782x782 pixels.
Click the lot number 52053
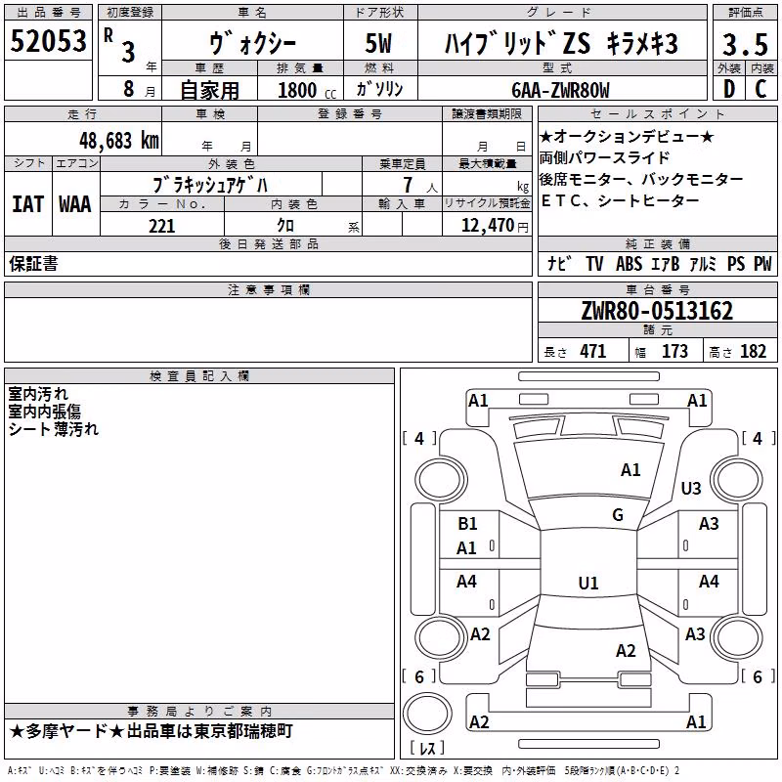[x=48, y=41]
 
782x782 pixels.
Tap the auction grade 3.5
[x=745, y=44]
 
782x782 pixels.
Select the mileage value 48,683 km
[x=119, y=141]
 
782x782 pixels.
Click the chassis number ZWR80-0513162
[x=657, y=311]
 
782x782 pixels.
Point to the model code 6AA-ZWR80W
[x=560, y=90]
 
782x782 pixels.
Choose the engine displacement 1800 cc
[x=307, y=90]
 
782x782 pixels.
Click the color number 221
[x=161, y=226]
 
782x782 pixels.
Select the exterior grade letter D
[x=729, y=89]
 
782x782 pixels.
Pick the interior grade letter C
[x=760, y=89]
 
